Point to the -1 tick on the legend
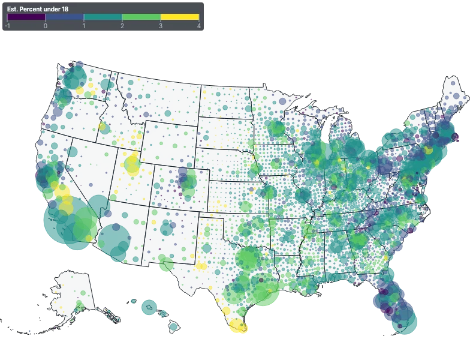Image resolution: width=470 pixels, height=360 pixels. (7, 26)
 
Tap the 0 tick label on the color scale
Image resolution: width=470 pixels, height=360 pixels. (46, 26)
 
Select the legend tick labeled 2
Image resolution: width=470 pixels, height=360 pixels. (122, 26)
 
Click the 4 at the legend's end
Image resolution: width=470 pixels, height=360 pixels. (198, 26)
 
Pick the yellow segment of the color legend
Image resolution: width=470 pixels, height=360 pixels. (179, 17)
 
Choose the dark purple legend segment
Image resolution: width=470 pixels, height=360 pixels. (26, 17)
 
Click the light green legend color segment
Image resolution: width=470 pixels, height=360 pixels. (141, 17)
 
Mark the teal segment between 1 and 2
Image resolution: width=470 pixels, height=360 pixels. (103, 17)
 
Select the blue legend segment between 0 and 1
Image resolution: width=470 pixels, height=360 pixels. (65, 17)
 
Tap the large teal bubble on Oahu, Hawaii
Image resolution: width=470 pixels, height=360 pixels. (148, 307)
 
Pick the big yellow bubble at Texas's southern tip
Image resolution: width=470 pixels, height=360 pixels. (239, 327)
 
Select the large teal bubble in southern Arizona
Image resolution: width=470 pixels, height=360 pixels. (114, 241)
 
